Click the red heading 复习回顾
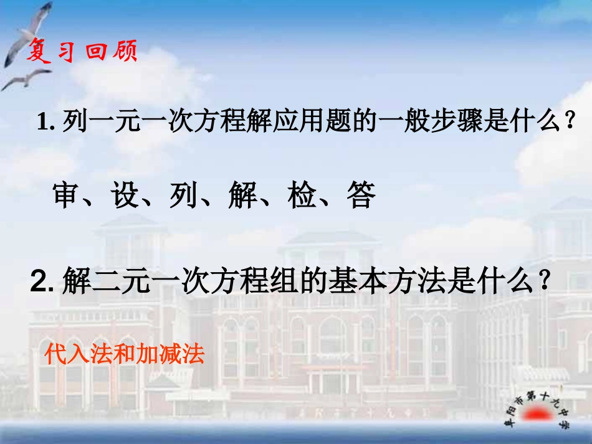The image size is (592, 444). (x=81, y=52)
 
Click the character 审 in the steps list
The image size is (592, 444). (x=69, y=196)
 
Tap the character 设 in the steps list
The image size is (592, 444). (x=127, y=196)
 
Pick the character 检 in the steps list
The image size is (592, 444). (x=303, y=196)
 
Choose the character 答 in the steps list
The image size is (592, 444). (x=361, y=196)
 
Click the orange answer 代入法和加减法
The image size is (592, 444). (x=125, y=354)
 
